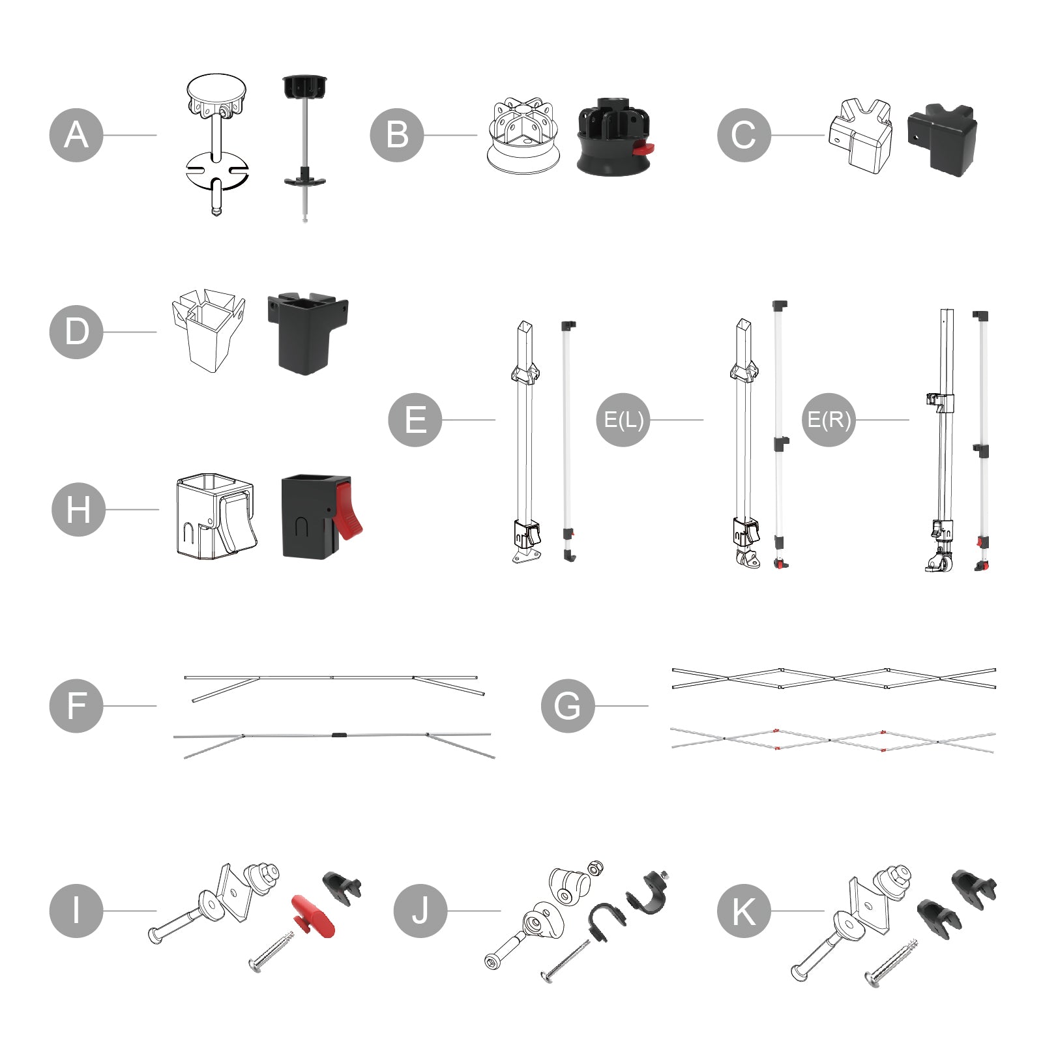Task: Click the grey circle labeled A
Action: coord(76,135)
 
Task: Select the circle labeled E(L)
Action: coord(623,420)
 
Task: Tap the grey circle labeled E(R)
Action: coord(829,420)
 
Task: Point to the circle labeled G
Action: coord(568,706)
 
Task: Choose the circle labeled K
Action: coord(744,911)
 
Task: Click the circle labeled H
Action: coord(78,510)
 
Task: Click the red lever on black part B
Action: coord(643,149)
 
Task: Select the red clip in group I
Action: coord(314,916)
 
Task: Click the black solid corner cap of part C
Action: coord(943,139)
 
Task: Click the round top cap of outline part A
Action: coord(217,88)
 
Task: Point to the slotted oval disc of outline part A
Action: coord(217,171)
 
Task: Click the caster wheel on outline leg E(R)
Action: coord(941,562)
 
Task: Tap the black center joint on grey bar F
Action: coord(339,735)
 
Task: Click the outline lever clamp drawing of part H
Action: coord(215,516)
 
